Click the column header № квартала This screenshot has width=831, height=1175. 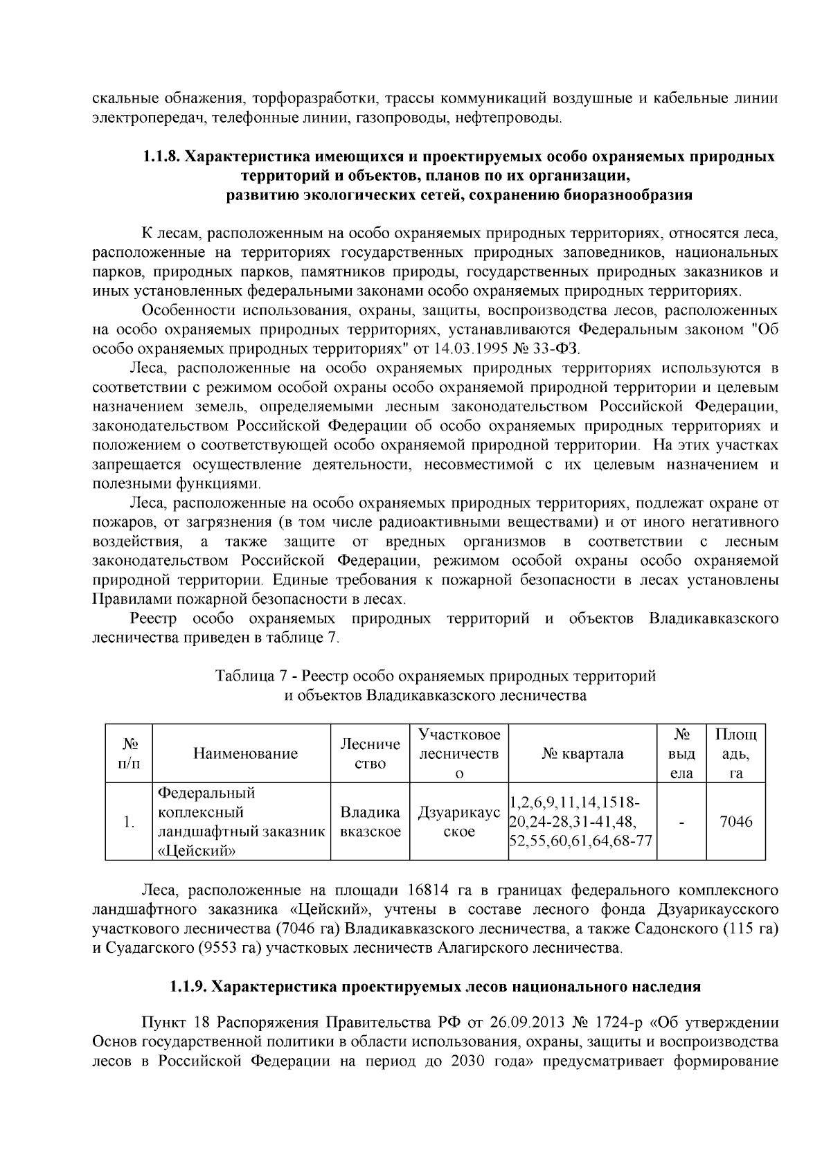point(582,753)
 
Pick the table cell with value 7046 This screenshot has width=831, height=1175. point(735,822)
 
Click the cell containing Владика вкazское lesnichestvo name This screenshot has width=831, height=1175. point(370,822)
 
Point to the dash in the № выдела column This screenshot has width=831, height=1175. point(682,823)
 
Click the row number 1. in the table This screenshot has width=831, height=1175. point(128,823)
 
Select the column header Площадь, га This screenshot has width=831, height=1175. point(735,753)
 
